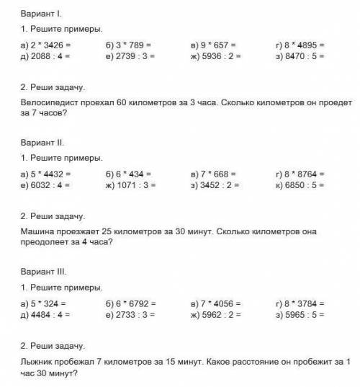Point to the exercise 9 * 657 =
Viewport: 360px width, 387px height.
click(215, 45)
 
